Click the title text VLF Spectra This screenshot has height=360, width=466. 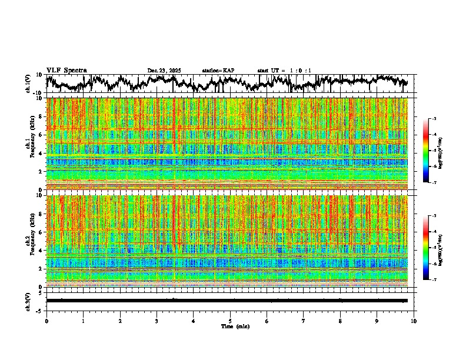66,70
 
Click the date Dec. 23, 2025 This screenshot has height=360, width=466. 164,71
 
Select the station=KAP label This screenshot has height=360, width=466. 218,71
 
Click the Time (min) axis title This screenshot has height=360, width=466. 235,326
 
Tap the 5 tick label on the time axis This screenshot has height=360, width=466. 230,321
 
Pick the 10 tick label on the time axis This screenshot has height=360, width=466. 414,321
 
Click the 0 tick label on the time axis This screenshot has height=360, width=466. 46,321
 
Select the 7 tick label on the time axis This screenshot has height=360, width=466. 304,321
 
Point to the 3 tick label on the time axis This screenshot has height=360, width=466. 157,321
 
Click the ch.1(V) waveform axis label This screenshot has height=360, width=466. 28,84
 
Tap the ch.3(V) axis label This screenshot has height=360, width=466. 28,301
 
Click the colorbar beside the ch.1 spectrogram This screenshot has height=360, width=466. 432,151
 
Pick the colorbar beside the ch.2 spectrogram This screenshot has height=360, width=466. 432,248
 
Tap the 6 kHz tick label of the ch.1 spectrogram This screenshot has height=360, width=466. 41,135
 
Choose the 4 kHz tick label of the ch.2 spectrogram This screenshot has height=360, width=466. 41,250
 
